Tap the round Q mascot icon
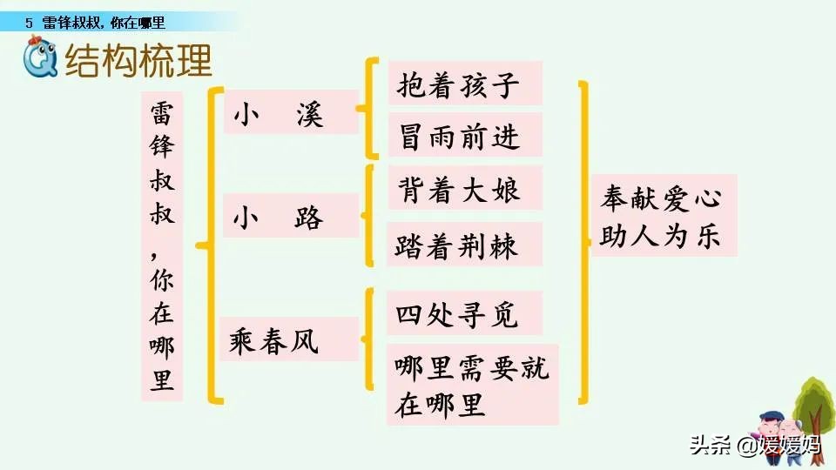pos(39,60)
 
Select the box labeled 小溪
pos(291,112)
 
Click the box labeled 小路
pos(291,216)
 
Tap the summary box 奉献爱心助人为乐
pos(663,215)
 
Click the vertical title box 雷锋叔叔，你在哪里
pos(162,246)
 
